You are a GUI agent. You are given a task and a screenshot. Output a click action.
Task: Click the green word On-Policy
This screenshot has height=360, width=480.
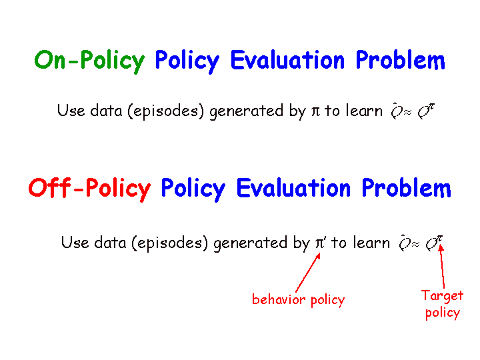tap(89, 61)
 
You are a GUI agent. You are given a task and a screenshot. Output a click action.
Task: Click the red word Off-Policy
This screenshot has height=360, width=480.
tap(89, 189)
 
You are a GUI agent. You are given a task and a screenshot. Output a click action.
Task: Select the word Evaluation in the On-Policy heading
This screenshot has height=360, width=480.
tap(287, 60)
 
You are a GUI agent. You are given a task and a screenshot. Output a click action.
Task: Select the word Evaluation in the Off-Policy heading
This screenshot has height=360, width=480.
tap(293, 187)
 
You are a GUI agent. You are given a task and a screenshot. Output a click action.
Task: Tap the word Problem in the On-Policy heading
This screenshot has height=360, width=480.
tap(400, 60)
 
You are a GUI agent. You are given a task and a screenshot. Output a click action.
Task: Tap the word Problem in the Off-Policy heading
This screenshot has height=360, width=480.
tap(406, 187)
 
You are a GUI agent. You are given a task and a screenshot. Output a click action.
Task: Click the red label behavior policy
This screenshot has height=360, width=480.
tap(298, 300)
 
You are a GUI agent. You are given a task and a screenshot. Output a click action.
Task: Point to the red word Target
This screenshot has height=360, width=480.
tap(442, 296)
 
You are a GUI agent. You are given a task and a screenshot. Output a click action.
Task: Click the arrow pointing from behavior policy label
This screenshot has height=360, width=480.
tap(308, 273)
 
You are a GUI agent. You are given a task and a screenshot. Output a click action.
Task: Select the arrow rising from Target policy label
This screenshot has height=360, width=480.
tap(442, 267)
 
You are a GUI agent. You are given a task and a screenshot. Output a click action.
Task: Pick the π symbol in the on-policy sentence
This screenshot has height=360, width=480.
tap(315, 111)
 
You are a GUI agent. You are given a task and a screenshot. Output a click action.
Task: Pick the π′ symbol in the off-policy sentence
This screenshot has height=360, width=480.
tap(321, 243)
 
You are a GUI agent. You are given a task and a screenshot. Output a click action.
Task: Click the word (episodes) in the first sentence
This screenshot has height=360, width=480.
tap(165, 111)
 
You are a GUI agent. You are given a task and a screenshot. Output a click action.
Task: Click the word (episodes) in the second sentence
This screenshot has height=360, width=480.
tap(170, 243)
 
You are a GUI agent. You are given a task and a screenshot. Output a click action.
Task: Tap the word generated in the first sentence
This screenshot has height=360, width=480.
tap(247, 111)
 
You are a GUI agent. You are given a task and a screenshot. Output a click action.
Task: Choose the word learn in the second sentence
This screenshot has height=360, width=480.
tap(371, 243)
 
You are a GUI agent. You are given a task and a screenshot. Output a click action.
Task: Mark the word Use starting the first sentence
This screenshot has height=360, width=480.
tap(71, 111)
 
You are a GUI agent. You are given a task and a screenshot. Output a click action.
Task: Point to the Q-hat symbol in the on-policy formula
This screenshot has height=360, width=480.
tap(396, 111)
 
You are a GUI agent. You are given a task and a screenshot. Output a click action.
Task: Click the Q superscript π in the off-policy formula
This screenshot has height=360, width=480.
tap(434, 243)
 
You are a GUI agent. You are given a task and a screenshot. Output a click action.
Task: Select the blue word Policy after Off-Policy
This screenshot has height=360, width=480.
tap(193, 189)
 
